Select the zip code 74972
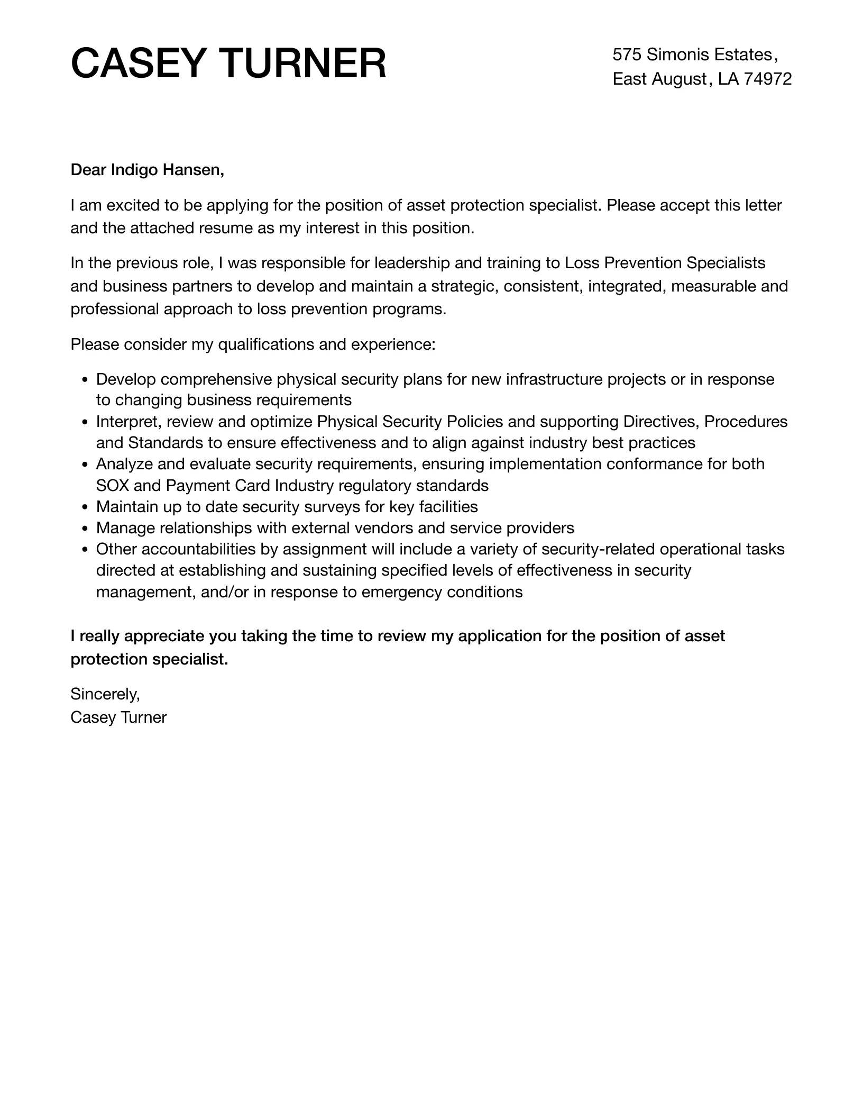click(x=768, y=79)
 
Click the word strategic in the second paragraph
click(x=464, y=286)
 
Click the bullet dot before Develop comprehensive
click(x=85, y=380)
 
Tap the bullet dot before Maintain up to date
click(x=85, y=507)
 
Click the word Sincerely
click(x=105, y=694)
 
